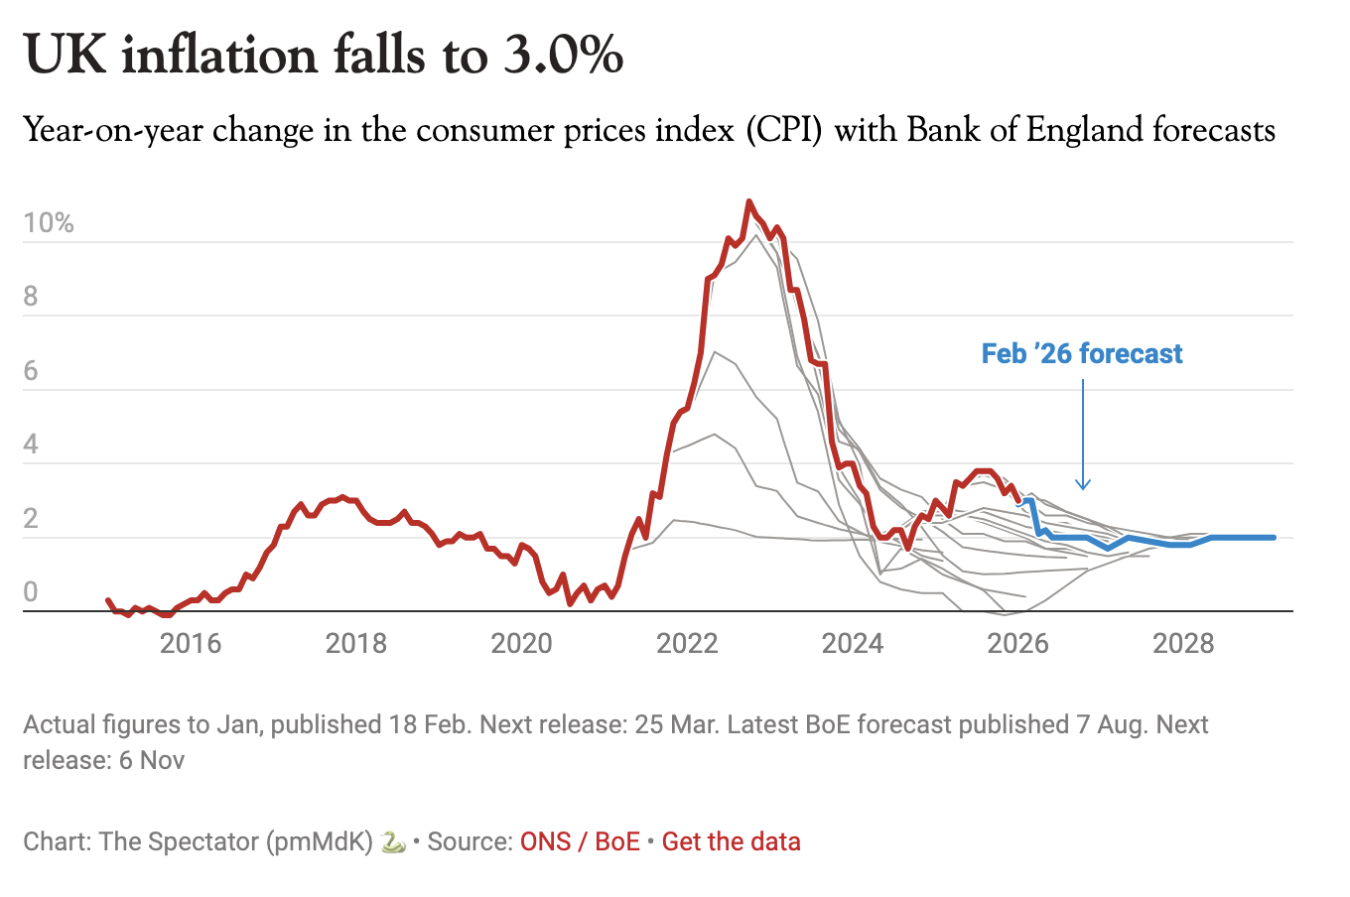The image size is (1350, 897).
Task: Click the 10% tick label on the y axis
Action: (49, 223)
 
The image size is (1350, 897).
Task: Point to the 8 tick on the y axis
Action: (31, 297)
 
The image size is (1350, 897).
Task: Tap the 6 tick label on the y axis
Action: (31, 371)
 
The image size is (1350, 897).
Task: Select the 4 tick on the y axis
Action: (31, 445)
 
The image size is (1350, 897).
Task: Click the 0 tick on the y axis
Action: (31, 592)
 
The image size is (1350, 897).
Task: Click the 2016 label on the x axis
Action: (191, 644)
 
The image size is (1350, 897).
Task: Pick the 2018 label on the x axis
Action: (356, 644)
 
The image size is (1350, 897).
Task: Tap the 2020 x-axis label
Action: (522, 644)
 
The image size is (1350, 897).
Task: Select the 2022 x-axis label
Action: (687, 644)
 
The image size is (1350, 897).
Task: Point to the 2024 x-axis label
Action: (853, 644)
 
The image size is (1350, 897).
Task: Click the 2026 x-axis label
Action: (1018, 644)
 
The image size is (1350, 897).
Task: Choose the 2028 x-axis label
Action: (1183, 644)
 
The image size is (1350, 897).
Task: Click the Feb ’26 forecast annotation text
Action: (1082, 354)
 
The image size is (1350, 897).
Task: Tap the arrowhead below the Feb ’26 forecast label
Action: (1083, 485)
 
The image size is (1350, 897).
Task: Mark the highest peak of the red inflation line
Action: (748, 201)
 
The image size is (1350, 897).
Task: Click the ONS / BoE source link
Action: (580, 842)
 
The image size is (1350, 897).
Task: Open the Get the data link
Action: (731, 842)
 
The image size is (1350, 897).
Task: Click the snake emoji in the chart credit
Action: (393, 842)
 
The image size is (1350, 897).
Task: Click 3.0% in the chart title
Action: (563, 55)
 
